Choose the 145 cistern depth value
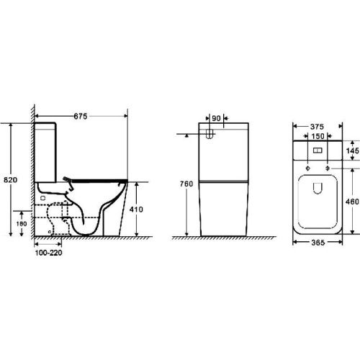(x=351, y=150)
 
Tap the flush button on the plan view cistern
(x=318, y=153)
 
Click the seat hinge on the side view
(x=68, y=180)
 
